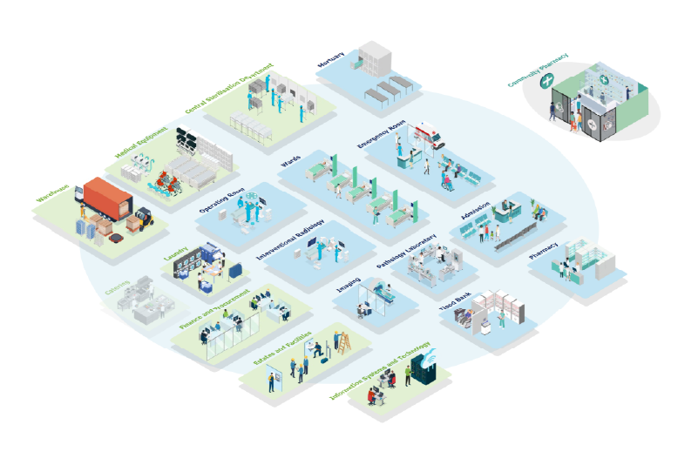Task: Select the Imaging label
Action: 349,284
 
